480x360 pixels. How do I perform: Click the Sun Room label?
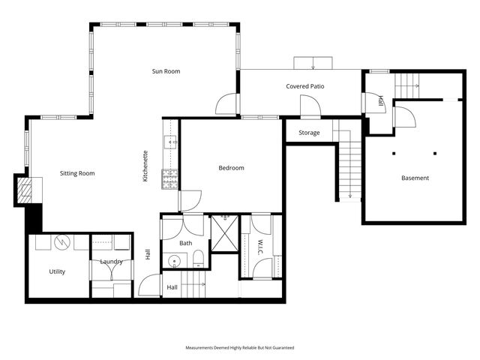[x=166, y=71]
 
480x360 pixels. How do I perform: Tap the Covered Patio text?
[x=305, y=86]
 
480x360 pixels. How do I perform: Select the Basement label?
[x=415, y=178]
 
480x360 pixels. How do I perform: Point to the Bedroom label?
[x=231, y=168]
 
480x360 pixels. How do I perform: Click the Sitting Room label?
[x=77, y=173]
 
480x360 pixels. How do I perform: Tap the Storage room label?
[x=309, y=133]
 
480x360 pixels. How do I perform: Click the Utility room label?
[x=57, y=271]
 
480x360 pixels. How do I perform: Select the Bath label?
[x=185, y=243]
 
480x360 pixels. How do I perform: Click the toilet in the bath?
[x=198, y=259]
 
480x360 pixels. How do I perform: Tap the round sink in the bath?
[x=175, y=262]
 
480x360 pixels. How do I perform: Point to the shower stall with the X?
[x=223, y=232]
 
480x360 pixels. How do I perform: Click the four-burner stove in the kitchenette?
[x=171, y=178]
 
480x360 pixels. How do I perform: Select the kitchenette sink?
[x=171, y=142]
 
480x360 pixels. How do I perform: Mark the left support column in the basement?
[x=394, y=154]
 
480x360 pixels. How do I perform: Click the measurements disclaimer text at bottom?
[x=240, y=348]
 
